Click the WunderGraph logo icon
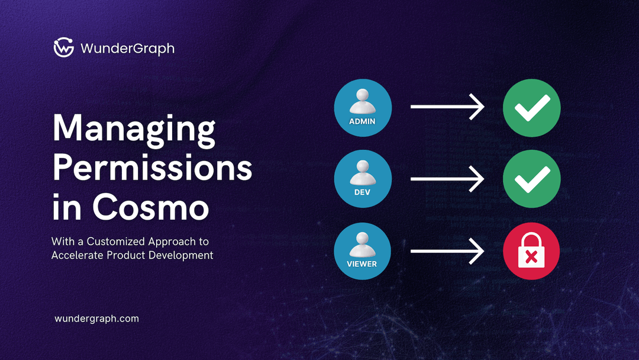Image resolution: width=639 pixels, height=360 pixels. click(63, 48)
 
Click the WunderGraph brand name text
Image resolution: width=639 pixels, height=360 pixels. click(127, 48)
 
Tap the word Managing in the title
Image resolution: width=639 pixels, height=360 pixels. click(134, 128)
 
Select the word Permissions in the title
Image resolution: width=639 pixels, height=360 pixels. click(153, 168)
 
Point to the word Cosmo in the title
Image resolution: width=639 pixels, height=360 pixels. click(150, 207)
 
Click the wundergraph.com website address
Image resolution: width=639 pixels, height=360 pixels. click(96, 319)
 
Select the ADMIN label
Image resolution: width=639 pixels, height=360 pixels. click(363, 121)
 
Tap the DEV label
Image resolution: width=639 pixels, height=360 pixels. click(363, 192)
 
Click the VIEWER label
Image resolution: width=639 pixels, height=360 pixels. click(363, 263)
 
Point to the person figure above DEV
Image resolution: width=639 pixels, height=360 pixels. click(363, 173)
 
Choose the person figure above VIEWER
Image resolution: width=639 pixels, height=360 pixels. click(363, 244)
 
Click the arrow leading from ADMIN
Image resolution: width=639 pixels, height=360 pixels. click(447, 107)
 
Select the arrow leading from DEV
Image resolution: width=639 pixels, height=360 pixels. click(447, 178)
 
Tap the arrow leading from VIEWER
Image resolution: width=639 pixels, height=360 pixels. click(447, 250)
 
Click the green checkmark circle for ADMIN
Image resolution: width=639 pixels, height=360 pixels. click(531, 107)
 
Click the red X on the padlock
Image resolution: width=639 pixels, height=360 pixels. click(531, 258)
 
